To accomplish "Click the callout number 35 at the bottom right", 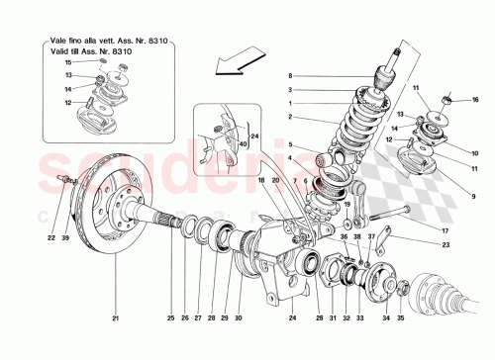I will click(400, 317).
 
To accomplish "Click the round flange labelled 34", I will click(381, 277).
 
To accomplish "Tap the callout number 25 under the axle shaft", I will click(169, 317).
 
